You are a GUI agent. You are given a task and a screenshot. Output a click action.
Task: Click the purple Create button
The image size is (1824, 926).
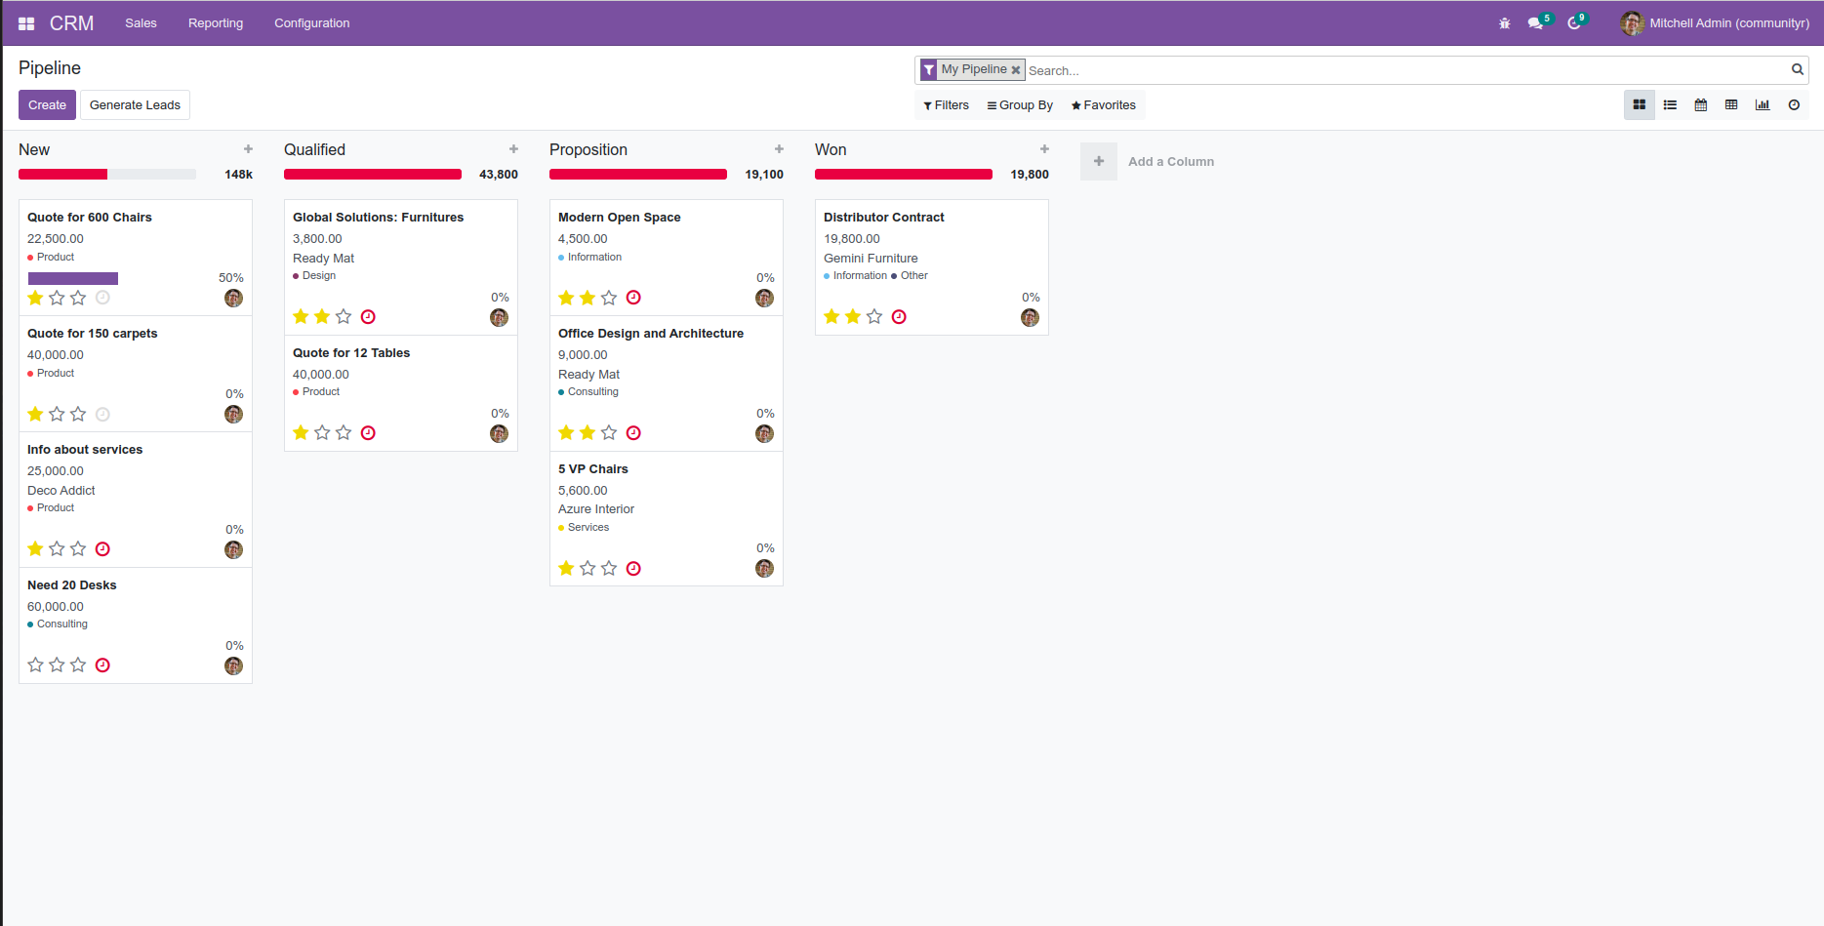47,105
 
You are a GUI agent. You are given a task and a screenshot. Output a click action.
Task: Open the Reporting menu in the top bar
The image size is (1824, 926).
216,23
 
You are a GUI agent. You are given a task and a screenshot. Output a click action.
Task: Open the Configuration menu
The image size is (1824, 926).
311,23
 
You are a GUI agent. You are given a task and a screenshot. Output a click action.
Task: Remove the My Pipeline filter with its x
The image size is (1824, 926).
1016,70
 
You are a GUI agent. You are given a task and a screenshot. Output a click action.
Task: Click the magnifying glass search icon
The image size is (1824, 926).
1797,69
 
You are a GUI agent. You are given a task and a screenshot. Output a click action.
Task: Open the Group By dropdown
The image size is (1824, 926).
1020,105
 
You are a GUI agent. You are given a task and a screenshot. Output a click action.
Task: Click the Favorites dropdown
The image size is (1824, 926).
1104,105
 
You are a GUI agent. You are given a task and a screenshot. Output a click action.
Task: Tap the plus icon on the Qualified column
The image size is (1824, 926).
513,149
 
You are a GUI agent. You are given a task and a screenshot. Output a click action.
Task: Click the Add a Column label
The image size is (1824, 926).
1171,162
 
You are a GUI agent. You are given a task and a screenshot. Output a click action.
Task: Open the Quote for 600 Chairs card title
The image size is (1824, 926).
90,218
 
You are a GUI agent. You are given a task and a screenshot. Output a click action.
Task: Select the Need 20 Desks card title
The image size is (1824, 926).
72,585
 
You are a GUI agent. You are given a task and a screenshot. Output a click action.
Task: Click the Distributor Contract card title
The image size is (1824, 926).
884,218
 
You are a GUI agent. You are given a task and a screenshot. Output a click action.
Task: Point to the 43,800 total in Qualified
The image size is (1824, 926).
499,175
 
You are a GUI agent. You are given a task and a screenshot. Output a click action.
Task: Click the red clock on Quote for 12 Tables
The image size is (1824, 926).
368,433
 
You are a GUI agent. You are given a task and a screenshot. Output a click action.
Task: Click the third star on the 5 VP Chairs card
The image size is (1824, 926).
609,568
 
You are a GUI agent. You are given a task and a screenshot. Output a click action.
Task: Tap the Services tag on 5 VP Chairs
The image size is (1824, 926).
588,528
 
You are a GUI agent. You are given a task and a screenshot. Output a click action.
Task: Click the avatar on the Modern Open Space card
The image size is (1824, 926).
764,298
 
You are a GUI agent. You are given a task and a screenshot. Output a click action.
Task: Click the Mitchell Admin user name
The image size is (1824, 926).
1728,23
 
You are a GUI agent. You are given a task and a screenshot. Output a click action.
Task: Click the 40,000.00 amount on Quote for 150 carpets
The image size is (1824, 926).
56,355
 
